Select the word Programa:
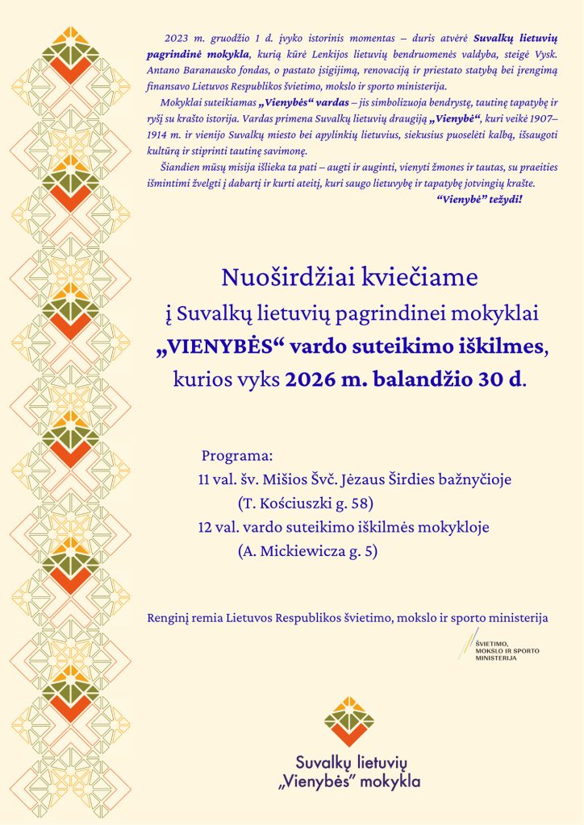coord(237,454)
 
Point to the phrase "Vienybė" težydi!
coord(480,197)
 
